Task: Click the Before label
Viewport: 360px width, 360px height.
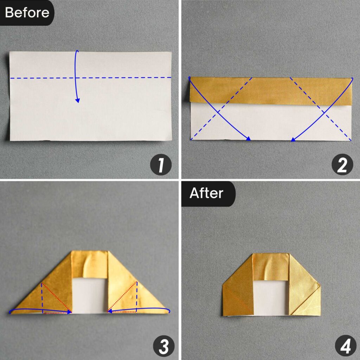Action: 27,13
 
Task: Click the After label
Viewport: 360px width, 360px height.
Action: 206,193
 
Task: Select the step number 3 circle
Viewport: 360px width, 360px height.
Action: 163,346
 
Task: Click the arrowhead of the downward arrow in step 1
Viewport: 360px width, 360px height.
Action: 78,101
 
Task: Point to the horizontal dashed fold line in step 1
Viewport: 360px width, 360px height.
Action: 42,78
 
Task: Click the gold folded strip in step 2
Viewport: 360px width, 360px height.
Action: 271,91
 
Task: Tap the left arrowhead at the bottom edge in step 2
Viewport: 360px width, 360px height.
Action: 249,139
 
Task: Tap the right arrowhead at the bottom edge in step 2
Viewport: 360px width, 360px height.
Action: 293,140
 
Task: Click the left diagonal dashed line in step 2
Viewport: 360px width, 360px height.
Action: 221,109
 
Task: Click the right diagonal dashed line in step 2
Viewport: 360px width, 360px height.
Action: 320,109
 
